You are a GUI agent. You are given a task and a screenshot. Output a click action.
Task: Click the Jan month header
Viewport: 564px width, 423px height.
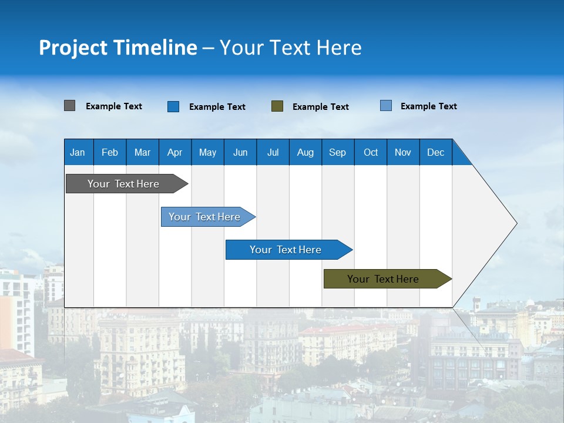[78, 152]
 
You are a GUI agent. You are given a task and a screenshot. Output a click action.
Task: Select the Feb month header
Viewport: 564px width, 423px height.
[110, 152]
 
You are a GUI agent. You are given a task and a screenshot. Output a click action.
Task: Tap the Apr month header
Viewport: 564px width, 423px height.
[174, 152]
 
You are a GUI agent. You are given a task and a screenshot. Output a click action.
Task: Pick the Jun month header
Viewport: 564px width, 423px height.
[240, 152]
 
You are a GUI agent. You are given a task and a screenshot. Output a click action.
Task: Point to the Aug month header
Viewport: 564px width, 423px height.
[305, 152]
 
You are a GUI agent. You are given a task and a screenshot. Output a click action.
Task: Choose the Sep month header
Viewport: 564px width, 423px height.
[337, 152]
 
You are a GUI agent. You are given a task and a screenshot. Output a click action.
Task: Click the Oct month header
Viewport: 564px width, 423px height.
[371, 152]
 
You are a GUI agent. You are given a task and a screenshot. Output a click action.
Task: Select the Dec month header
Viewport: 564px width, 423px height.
[436, 152]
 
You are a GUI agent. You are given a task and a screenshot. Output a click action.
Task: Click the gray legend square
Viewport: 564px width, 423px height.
[69, 106]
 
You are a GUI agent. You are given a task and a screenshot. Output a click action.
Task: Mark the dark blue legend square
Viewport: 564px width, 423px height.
[173, 106]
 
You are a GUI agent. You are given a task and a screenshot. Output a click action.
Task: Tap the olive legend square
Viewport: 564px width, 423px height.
[277, 106]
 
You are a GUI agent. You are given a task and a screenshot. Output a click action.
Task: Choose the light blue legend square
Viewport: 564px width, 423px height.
[386, 106]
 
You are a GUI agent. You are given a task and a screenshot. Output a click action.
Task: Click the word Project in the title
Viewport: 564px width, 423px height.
[72, 48]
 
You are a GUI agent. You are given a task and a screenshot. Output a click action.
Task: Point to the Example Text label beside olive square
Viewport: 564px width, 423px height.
[320, 106]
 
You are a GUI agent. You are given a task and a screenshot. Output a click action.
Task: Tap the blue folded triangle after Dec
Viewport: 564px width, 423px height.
[461, 155]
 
